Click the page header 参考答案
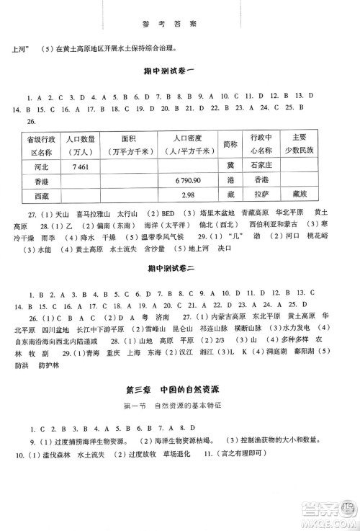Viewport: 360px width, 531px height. (x=179, y=22)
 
